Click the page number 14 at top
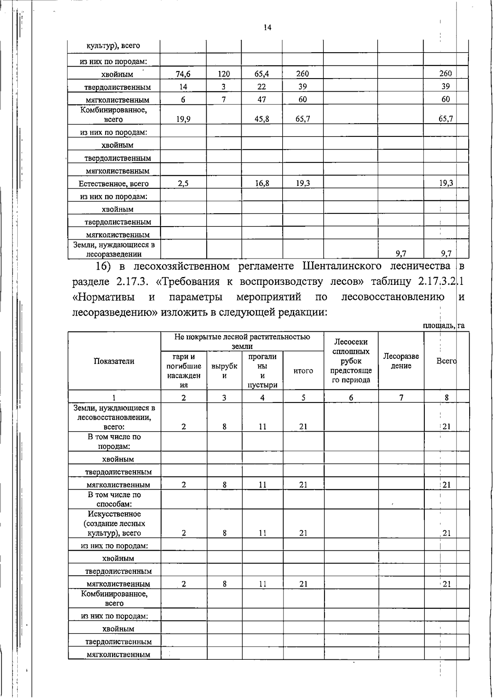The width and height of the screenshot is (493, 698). click(x=267, y=28)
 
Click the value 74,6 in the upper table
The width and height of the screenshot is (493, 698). click(x=183, y=74)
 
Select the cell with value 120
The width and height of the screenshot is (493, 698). click(x=223, y=74)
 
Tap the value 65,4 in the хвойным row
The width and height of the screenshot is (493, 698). click(x=262, y=74)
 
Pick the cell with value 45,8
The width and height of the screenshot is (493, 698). click(x=262, y=119)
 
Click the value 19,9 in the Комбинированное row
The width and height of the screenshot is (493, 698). click(x=183, y=119)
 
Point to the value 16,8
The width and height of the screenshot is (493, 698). click(x=262, y=183)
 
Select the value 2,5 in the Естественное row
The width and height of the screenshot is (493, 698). click(x=183, y=183)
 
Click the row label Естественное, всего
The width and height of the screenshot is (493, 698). click(x=114, y=184)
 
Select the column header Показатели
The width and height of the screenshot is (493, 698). click(x=114, y=361)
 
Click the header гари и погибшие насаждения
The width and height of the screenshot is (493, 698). click(x=184, y=370)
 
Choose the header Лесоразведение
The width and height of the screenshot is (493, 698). click(x=401, y=361)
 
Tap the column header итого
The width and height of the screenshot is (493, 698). click(x=303, y=371)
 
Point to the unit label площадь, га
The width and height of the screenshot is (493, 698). click(x=444, y=326)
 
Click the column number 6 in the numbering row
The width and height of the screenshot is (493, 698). click(x=351, y=398)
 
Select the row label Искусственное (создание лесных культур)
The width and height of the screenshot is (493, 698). click(x=114, y=523)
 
